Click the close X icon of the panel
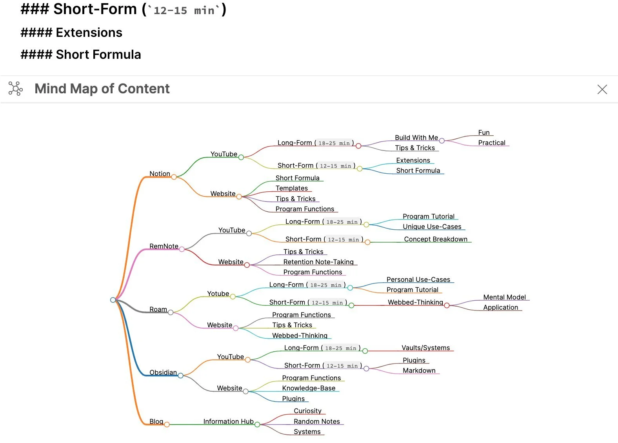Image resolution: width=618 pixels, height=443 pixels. tap(602, 89)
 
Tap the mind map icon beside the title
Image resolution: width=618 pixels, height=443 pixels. tap(16, 89)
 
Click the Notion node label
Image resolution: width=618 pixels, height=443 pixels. tap(160, 174)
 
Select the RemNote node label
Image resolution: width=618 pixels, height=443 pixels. tap(164, 246)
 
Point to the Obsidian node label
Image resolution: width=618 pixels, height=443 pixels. tap(163, 372)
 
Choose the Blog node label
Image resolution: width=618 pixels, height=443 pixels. tap(156, 421)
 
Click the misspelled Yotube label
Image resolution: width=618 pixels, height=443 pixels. tap(218, 294)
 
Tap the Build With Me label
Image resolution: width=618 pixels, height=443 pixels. tap(416, 138)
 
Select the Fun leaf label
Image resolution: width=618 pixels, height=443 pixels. tap(483, 133)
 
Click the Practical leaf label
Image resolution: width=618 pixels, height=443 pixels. tap(491, 143)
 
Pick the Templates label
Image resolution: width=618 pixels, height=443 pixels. tap(291, 188)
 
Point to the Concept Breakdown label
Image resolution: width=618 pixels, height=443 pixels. tap(435, 239)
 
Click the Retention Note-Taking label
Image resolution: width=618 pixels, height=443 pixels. tap(318, 262)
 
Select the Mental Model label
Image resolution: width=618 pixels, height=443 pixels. tap(504, 297)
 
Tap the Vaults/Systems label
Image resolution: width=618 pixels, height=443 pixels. tap(425, 348)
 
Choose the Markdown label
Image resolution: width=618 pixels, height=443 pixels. tap(419, 370)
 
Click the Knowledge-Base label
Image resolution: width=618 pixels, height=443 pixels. tap(309, 388)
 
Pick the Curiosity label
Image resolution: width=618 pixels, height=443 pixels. tap(307, 411)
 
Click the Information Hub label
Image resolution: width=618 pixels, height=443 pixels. tap(228, 421)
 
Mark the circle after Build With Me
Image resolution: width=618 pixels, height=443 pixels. tap(442, 141)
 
